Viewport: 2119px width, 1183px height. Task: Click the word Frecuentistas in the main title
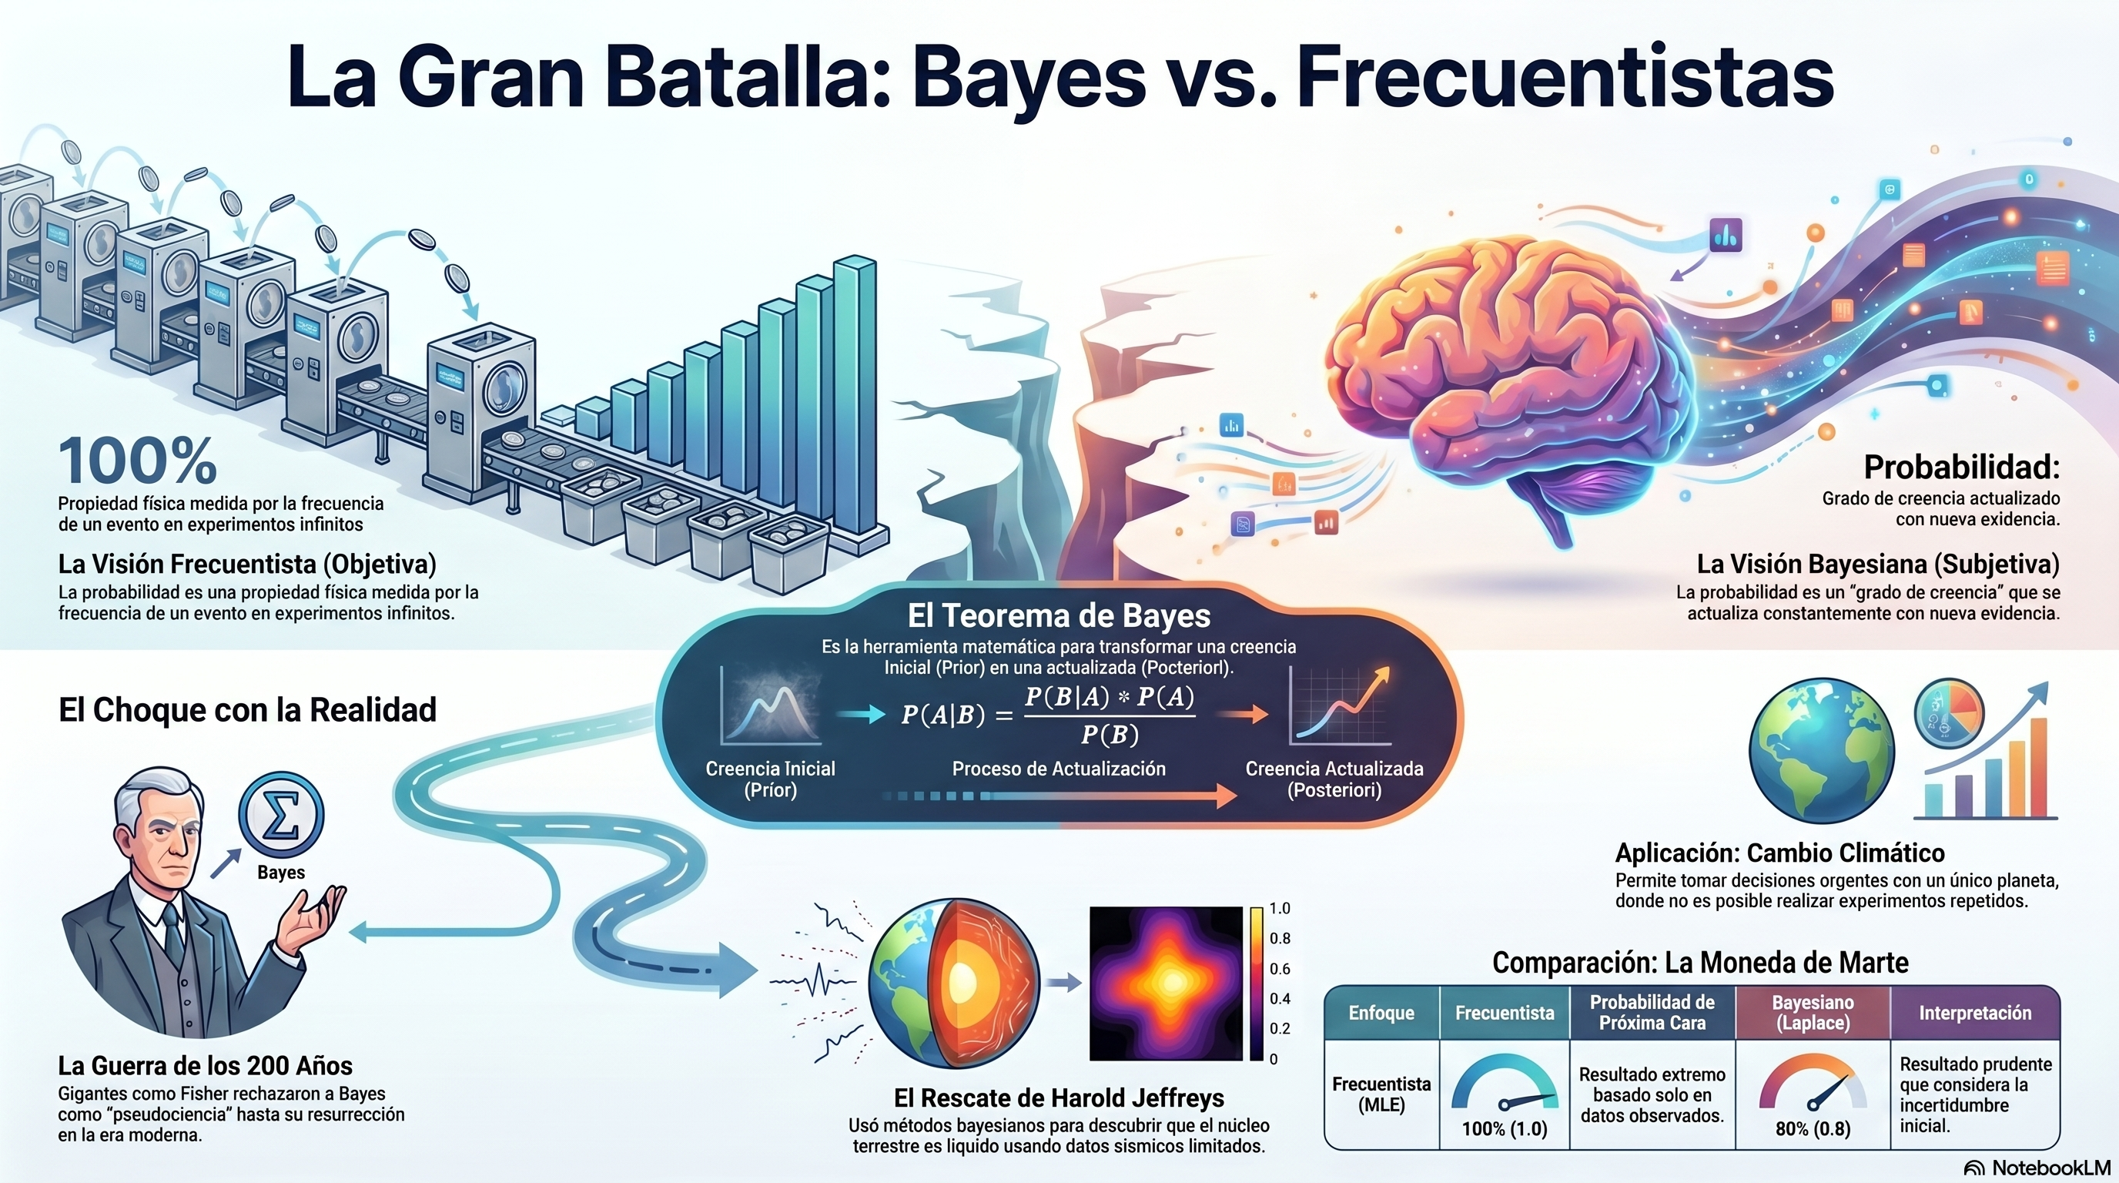pyautogui.click(x=1565, y=76)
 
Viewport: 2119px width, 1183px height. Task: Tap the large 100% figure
pyautogui.click(x=137, y=461)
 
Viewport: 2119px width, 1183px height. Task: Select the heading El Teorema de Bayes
pyautogui.click(x=1059, y=615)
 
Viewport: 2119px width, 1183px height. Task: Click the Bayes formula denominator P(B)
pyautogui.click(x=1110, y=734)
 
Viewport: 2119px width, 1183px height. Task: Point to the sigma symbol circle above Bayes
pyautogui.click(x=281, y=813)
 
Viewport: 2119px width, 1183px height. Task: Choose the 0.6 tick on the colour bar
pyautogui.click(x=1280, y=968)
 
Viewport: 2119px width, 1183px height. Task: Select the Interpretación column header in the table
pyautogui.click(x=1975, y=1013)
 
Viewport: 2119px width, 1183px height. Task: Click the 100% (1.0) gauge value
pyautogui.click(x=1505, y=1128)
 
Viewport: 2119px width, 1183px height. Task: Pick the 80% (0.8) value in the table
pyautogui.click(x=1813, y=1128)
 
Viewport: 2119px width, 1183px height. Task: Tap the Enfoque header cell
pyautogui.click(x=1381, y=1013)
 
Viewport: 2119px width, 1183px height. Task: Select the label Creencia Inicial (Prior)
pyautogui.click(x=770, y=779)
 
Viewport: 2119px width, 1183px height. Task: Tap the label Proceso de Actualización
pyautogui.click(x=1059, y=769)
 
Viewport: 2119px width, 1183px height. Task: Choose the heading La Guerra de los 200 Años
pyautogui.click(x=205, y=1065)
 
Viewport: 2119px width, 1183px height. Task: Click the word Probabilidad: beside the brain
pyautogui.click(x=1962, y=468)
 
